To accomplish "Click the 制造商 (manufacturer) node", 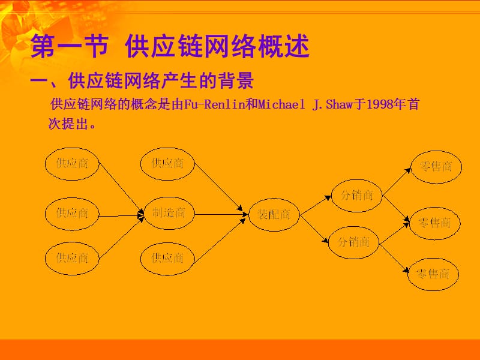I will pyautogui.click(x=169, y=212).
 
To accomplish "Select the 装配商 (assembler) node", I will pyautogui.click(x=274, y=214).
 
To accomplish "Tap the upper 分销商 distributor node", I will pyautogui.click(x=357, y=195).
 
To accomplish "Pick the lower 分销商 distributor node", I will pyautogui.click(x=354, y=242).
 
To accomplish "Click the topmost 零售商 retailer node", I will pyautogui.click(x=436, y=166).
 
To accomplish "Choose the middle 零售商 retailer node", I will pyautogui.click(x=434, y=223).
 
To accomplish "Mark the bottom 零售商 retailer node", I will pyautogui.click(x=433, y=274).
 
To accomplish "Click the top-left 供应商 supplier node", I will pyautogui.click(x=72, y=163).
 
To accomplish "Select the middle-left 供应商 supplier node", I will pyautogui.click(x=72, y=212).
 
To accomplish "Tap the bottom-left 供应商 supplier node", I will pyautogui.click(x=72, y=258).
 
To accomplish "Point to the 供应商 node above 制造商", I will pyautogui.click(x=167, y=163).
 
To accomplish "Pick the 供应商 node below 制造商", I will pyautogui.click(x=167, y=258).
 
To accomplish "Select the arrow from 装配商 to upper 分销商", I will pyautogui.click(x=316, y=204).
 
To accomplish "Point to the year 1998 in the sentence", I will pyautogui.click(x=381, y=104).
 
